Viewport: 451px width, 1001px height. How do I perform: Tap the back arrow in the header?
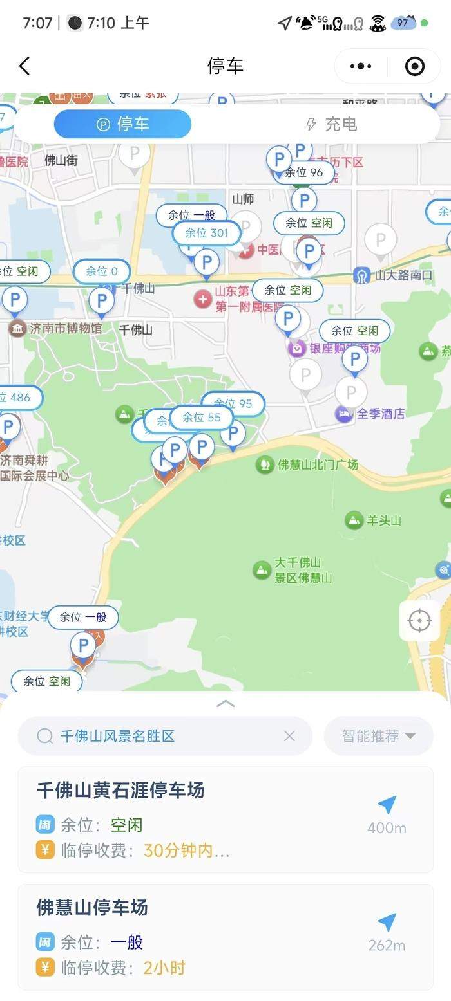[24, 66]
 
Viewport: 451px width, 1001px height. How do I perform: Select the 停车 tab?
[122, 124]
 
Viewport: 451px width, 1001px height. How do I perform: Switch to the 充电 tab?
[331, 124]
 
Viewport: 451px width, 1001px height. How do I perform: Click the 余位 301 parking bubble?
[206, 233]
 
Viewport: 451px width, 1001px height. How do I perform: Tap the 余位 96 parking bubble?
[303, 172]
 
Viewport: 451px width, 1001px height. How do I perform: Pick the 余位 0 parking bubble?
[102, 271]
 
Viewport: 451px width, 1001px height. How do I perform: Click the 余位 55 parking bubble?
[201, 418]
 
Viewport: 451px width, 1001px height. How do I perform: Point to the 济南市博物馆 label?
[64, 329]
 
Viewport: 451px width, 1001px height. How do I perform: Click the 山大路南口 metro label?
[403, 275]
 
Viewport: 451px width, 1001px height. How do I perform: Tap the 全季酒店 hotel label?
[380, 414]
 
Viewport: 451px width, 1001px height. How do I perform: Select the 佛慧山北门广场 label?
[317, 464]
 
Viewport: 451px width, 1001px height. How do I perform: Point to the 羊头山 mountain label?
[383, 520]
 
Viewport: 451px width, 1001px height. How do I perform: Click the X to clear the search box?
[289, 736]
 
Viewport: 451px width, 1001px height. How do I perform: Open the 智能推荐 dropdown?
[378, 736]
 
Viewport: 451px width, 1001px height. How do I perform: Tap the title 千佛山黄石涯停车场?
[120, 790]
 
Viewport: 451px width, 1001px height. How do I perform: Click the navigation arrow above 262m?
[387, 922]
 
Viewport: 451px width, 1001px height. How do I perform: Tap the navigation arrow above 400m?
[387, 804]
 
